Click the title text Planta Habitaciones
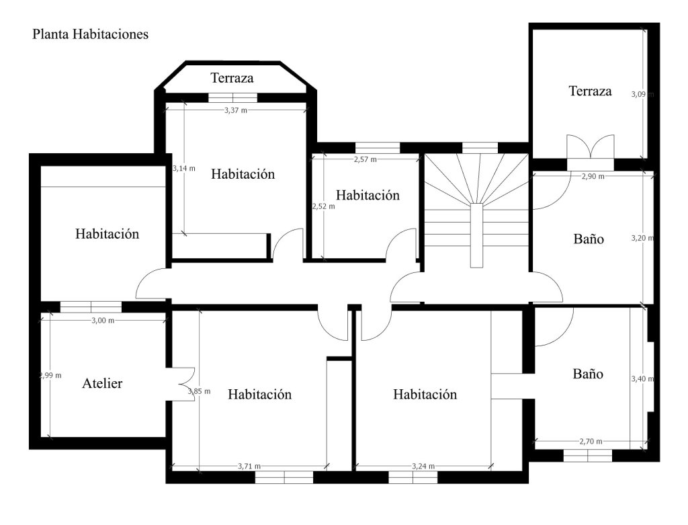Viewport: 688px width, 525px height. [x=91, y=34]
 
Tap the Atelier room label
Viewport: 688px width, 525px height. [x=102, y=383]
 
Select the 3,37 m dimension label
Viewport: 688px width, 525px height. [x=236, y=110]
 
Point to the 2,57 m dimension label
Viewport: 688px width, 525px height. [x=365, y=159]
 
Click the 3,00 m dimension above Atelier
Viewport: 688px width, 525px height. [x=103, y=321]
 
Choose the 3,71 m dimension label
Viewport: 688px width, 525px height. [x=249, y=466]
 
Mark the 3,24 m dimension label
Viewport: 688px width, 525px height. [x=423, y=466]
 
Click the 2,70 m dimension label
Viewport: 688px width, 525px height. [x=591, y=441]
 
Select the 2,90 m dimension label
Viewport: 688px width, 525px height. [x=593, y=177]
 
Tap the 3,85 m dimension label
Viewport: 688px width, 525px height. [x=199, y=391]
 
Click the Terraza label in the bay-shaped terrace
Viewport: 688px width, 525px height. [x=232, y=78]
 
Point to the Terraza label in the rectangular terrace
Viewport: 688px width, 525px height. [x=590, y=91]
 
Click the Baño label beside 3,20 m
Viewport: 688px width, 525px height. [x=589, y=239]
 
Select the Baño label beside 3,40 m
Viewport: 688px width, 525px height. [x=588, y=374]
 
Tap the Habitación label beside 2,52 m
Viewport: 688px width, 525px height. [x=368, y=195]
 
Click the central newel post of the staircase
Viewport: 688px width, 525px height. [x=476, y=235]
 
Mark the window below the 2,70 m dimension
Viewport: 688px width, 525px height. [x=587, y=456]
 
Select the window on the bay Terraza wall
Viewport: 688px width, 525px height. [x=232, y=97]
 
